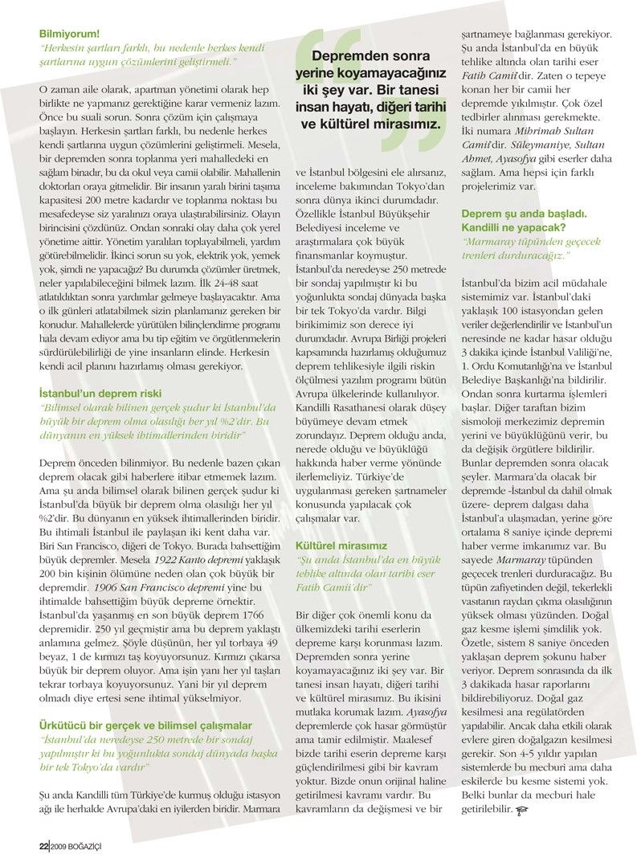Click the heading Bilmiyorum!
tap(70, 35)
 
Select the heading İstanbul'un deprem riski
tap(100, 394)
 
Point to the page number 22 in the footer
tap(43, 844)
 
